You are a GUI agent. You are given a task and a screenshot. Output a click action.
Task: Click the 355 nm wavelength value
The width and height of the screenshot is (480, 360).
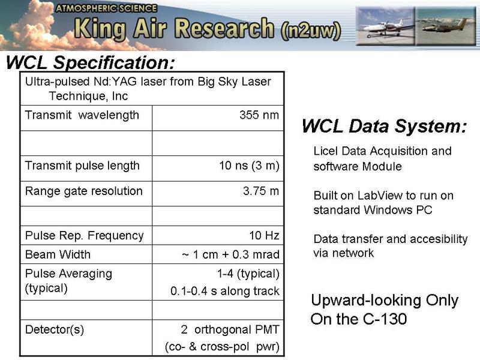[259, 115]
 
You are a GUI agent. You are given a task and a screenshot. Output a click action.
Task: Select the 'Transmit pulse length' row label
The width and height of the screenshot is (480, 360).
[82, 166]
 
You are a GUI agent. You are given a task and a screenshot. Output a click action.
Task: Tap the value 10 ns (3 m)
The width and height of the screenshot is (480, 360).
[249, 166]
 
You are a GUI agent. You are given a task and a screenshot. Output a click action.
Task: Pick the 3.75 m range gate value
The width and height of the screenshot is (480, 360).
[261, 191]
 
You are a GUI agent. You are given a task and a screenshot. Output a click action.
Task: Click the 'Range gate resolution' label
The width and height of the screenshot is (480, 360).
[83, 191]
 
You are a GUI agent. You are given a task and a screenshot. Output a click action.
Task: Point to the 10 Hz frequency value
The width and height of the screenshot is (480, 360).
[264, 235]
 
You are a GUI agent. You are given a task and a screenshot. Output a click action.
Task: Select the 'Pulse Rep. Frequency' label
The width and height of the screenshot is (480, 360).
[84, 236]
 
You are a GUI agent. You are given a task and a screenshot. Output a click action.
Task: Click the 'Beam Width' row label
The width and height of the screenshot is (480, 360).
[58, 254]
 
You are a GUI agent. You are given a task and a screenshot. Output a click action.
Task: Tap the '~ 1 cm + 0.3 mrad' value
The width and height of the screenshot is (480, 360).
[230, 254]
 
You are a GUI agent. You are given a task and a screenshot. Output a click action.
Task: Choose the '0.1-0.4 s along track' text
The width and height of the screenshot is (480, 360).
[225, 291]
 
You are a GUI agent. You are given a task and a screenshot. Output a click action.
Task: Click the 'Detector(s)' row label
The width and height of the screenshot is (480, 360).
[55, 330]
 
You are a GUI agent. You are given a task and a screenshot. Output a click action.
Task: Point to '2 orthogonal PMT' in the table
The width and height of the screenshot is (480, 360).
[230, 329]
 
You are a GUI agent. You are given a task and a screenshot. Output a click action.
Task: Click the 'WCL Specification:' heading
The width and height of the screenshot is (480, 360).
[91, 62]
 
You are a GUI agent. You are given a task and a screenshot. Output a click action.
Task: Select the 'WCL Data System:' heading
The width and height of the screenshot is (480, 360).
[385, 126]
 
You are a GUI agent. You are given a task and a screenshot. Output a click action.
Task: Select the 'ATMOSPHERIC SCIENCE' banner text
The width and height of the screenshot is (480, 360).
[106, 8]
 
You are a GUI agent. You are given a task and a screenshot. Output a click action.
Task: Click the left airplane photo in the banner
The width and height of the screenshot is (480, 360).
[385, 26]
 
